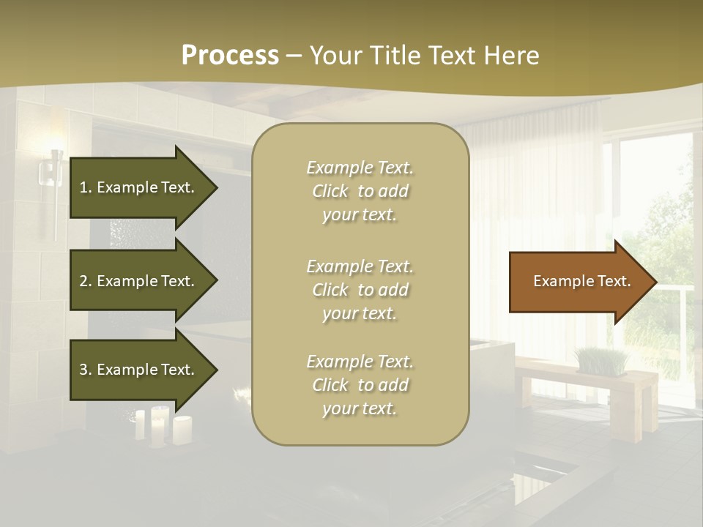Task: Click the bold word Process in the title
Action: coord(230,56)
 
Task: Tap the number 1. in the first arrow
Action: coord(85,187)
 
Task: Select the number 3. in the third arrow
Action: coord(85,370)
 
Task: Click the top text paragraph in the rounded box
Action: coord(360,191)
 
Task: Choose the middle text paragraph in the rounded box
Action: coord(360,290)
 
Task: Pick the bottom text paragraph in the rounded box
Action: coord(360,385)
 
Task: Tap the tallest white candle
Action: coord(158,425)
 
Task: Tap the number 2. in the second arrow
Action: coord(85,281)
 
